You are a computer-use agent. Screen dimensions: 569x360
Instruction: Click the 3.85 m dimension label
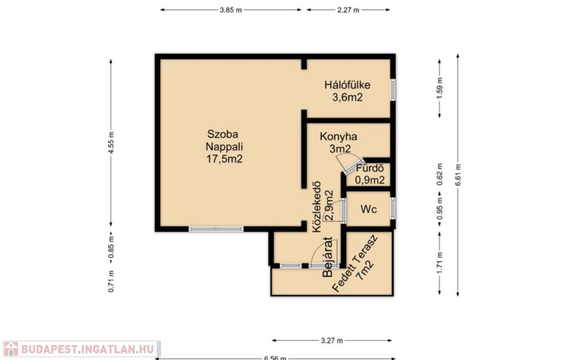pyautogui.click(x=231, y=10)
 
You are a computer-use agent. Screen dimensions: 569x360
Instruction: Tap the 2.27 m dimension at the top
pyautogui.click(x=348, y=10)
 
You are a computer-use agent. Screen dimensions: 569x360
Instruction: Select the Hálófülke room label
pyautogui.click(x=347, y=85)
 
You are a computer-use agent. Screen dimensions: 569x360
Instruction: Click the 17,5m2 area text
pyautogui.click(x=224, y=159)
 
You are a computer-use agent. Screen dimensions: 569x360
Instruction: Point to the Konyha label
pyautogui.click(x=338, y=137)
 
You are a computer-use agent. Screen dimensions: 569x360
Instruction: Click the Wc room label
pyautogui.click(x=368, y=209)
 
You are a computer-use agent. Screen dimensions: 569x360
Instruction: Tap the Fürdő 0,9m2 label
pyautogui.click(x=370, y=174)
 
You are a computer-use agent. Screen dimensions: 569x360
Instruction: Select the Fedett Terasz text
pyautogui.click(x=355, y=263)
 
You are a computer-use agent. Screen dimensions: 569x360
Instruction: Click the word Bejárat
pyautogui.click(x=327, y=257)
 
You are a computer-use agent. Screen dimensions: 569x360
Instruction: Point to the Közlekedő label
pyautogui.click(x=317, y=207)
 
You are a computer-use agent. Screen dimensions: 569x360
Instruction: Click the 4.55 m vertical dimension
pyautogui.click(x=111, y=143)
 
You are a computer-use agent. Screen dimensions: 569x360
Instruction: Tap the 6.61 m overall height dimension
pyautogui.click(x=458, y=176)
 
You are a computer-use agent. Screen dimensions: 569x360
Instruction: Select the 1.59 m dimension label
pyautogui.click(x=440, y=88)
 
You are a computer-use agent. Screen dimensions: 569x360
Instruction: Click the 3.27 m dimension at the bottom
pyautogui.click(x=332, y=341)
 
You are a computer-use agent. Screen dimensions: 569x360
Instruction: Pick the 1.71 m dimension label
pyautogui.click(x=440, y=263)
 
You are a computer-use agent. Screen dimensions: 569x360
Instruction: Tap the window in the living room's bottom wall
pyautogui.click(x=216, y=229)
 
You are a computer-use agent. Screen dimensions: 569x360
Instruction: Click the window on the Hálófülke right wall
pyautogui.click(x=393, y=89)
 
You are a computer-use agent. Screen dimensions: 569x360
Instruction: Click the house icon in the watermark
pyautogui.click(x=11, y=349)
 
